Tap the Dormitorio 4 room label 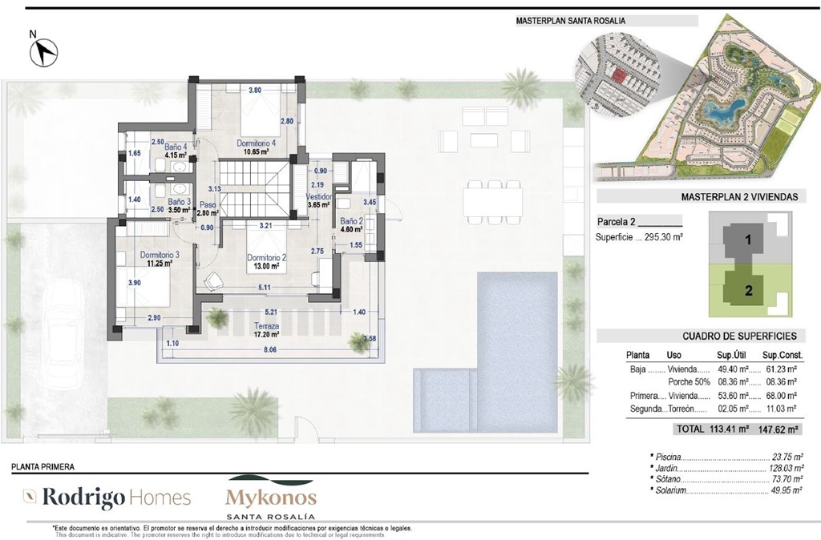point(256,143)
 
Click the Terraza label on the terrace point(266,327)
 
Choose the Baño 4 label point(176,147)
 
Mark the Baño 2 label point(350,221)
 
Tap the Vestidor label point(319,196)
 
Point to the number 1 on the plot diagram point(746,240)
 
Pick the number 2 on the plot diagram point(748,291)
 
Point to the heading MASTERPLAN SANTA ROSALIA point(570,20)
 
